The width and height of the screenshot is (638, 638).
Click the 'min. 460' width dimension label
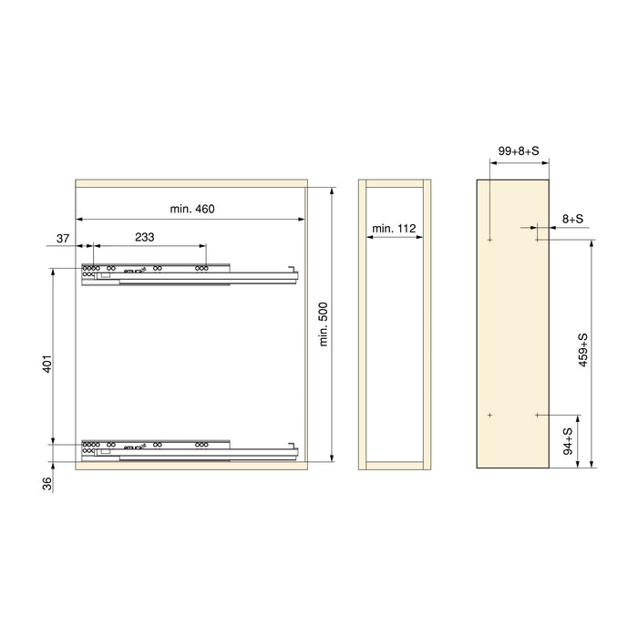pyautogui.click(x=191, y=210)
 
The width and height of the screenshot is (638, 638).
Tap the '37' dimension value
pyautogui.click(x=63, y=238)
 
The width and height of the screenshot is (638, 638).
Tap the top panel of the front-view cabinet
pyautogui.click(x=191, y=182)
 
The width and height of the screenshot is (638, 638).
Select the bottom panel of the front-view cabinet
pyautogui.click(x=191, y=464)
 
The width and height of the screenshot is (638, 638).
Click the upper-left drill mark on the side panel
pyautogui.click(x=489, y=241)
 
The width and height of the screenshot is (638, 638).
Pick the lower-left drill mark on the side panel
pyautogui.click(x=489, y=415)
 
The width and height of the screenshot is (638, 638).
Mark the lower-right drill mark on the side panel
pyautogui.click(x=538, y=415)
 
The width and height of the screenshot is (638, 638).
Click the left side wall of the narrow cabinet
pyautogui.click(x=363, y=324)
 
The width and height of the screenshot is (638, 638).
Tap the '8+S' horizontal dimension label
pyautogui.click(x=573, y=219)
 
